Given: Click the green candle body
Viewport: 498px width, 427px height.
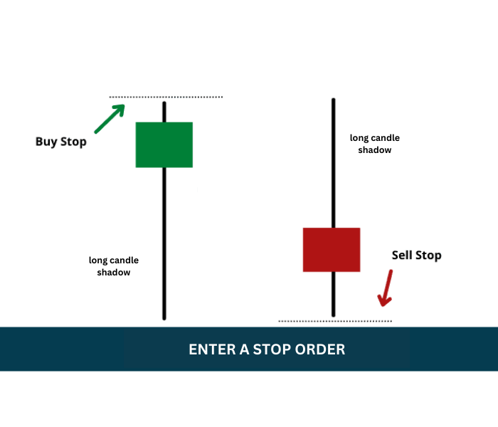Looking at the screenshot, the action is (164, 145).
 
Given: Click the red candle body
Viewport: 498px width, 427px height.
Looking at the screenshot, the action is (332, 250).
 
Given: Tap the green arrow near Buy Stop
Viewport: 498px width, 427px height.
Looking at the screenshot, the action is (110, 119).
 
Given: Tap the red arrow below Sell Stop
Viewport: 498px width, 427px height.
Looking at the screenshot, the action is (386, 288).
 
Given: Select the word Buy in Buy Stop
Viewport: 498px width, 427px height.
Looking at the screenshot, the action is (46, 142).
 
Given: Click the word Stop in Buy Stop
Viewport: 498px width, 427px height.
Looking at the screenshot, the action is (73, 142).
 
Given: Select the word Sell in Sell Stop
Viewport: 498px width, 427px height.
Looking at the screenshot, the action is (402, 255).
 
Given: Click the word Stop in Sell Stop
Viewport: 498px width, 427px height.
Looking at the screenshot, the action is (428, 255).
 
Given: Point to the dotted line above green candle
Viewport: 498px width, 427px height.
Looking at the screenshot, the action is (166, 97).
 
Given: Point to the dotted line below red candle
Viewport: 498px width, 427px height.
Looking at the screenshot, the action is (335, 321).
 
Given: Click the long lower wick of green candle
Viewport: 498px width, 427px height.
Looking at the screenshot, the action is (164, 243).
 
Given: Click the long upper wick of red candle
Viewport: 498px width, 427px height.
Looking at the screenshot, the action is (334, 163).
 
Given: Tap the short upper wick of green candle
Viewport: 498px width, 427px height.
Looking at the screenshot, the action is (164, 112).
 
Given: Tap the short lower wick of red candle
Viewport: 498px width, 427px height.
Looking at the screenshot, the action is (334, 295).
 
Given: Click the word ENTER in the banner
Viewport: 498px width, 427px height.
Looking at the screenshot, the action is (212, 349).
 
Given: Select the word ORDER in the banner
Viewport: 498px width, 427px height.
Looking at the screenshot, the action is (320, 349).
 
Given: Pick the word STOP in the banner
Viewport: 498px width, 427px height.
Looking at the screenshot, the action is (272, 349).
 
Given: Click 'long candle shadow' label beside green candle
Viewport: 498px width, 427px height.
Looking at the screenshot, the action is (114, 266).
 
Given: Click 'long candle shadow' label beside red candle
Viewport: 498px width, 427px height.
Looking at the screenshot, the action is (375, 144).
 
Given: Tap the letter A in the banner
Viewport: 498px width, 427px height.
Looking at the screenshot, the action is (244, 349).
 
